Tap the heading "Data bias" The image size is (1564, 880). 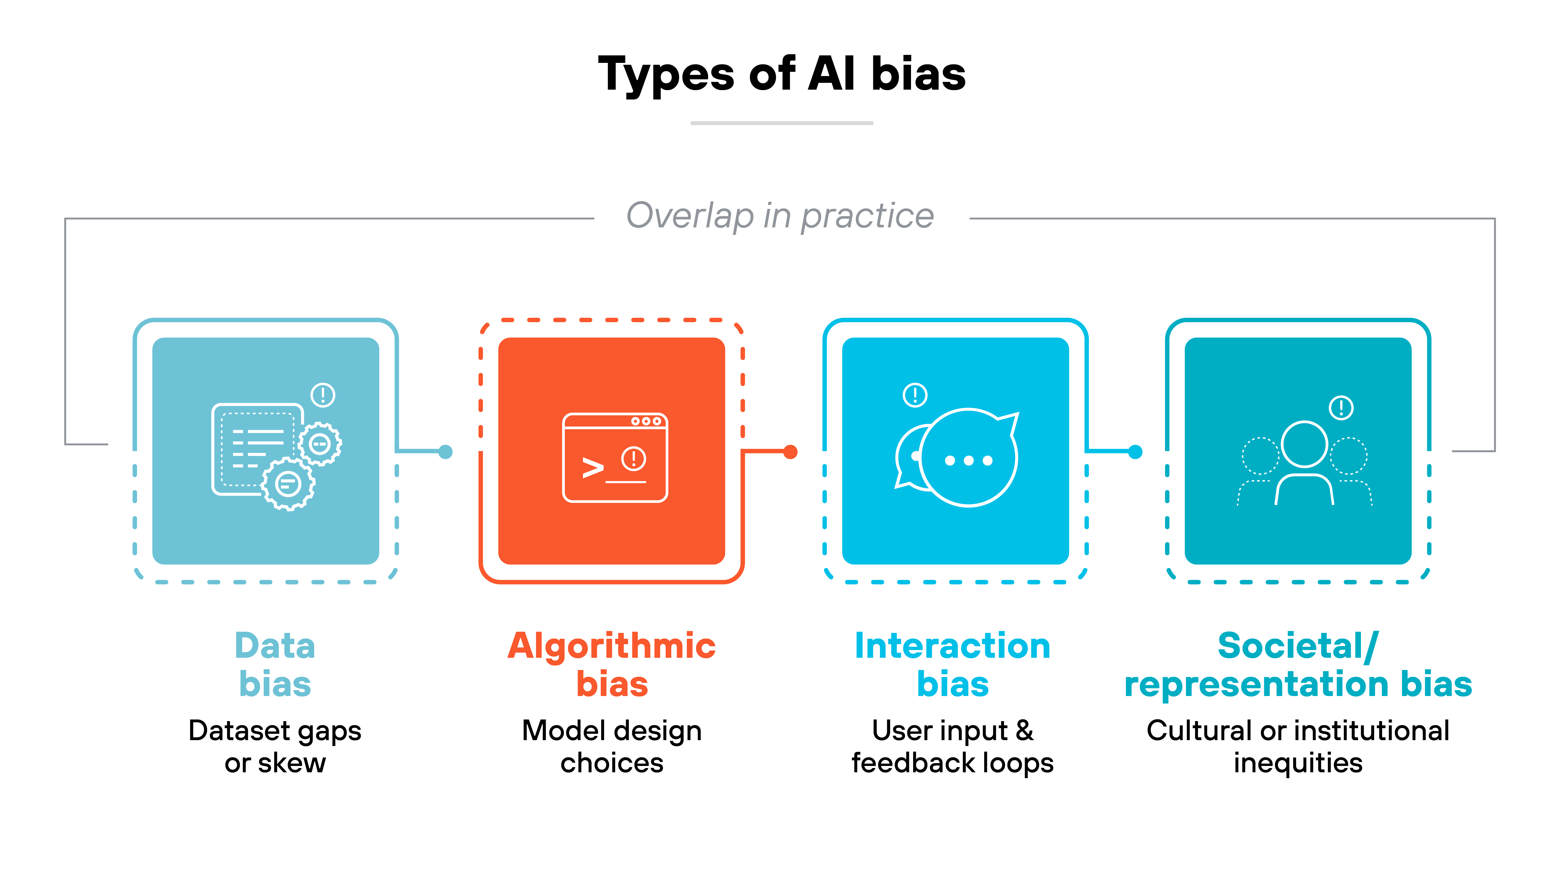(275, 664)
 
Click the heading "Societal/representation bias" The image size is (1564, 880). (1298, 664)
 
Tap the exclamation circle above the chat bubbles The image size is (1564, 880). (915, 395)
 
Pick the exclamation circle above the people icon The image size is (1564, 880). (1341, 408)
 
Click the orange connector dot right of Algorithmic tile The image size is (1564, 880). (790, 452)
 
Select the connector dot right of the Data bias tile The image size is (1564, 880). (446, 452)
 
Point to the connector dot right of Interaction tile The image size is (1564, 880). (1135, 452)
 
